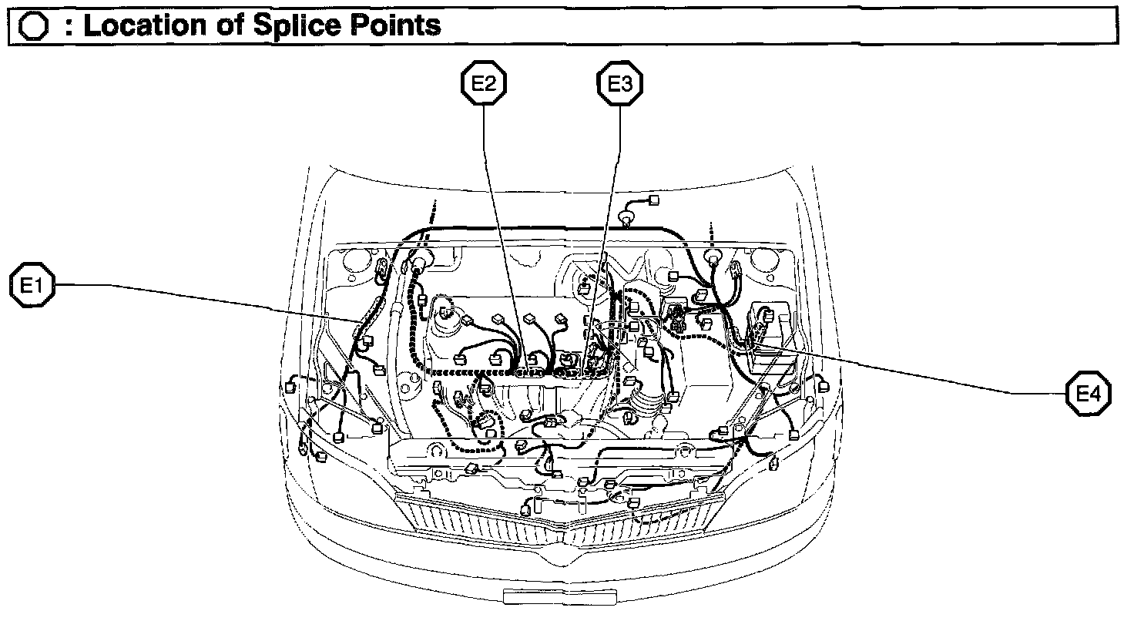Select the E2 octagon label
click(484, 85)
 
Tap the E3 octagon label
click(620, 85)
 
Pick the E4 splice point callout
click(1089, 394)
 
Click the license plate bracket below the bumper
click(559, 596)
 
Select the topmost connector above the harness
click(654, 200)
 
